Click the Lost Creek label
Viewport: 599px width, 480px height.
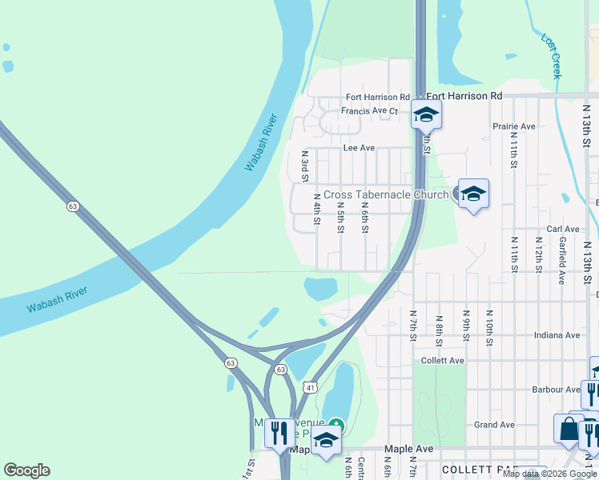point(551,56)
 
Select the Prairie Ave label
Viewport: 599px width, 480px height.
point(514,126)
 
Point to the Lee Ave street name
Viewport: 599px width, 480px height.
point(359,148)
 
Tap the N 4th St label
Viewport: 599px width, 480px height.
point(317,208)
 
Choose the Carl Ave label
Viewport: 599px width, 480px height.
point(563,229)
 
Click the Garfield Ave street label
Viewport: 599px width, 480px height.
point(563,261)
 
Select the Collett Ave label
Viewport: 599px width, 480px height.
point(443,361)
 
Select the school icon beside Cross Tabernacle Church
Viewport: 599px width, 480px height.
point(473,194)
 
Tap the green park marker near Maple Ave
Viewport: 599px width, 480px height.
point(336,423)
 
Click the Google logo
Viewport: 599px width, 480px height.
point(26,470)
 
